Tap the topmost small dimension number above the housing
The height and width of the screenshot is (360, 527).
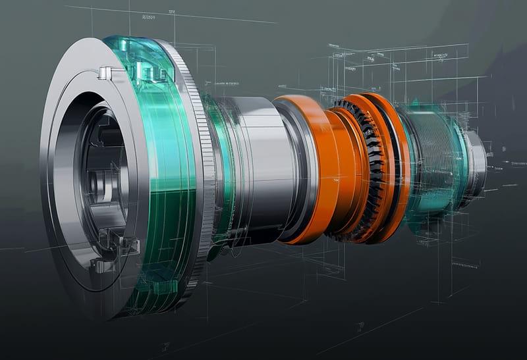[171, 12]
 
